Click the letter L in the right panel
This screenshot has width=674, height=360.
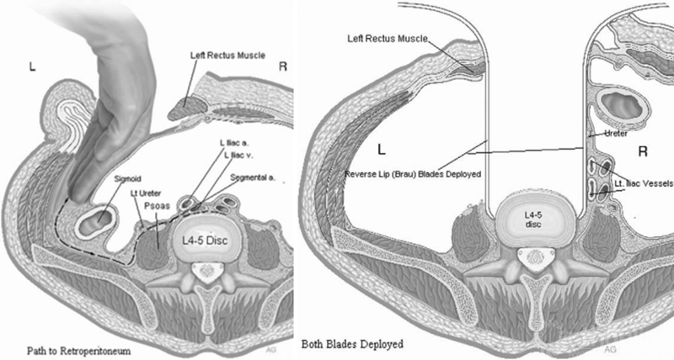click(x=382, y=151)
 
